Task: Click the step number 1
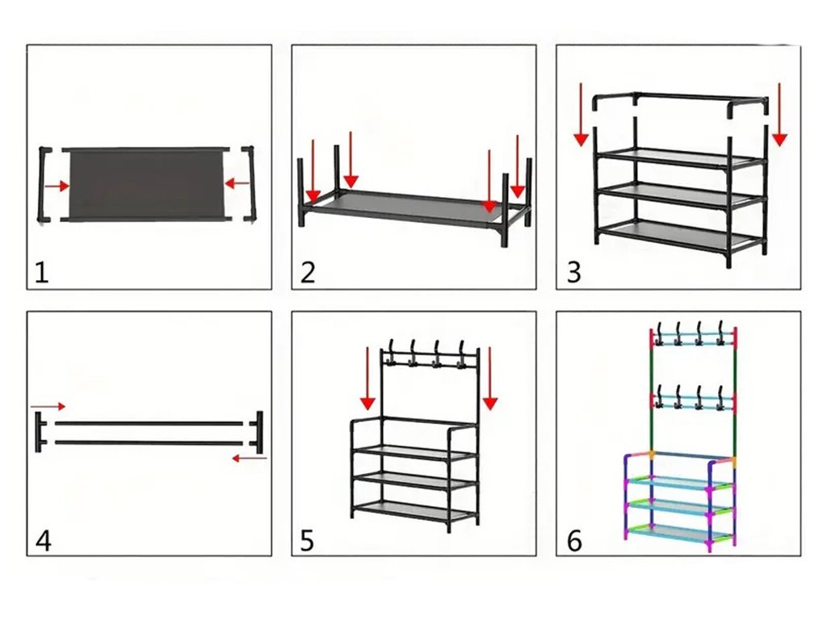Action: [41, 273]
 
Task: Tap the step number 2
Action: [307, 273]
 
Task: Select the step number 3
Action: [573, 273]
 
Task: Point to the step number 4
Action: [43, 540]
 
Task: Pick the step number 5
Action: [307, 540]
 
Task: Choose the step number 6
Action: [574, 540]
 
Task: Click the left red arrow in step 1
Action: [57, 186]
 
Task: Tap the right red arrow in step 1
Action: [237, 184]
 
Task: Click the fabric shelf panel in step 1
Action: [145, 183]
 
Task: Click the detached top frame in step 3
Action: [680, 100]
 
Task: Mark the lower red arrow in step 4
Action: [249, 459]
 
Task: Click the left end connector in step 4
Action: [40, 432]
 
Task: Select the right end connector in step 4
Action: [258, 432]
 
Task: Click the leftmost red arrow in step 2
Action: [313, 171]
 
